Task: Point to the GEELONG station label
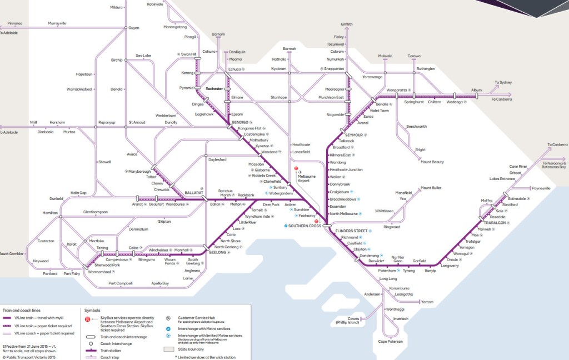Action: pos(217,252)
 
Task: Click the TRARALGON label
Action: pos(498,222)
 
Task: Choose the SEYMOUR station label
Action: pos(353,135)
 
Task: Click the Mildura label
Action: pos(116,7)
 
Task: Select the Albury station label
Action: pos(476,89)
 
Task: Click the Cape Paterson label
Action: pos(390,342)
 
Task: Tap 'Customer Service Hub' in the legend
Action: pos(196,318)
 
